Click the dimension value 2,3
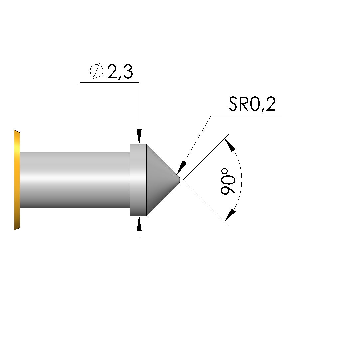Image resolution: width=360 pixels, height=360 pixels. [120, 72]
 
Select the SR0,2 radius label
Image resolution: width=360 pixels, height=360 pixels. [252, 104]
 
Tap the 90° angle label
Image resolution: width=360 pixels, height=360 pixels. [228, 181]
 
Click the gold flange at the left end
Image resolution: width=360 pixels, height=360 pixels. [17, 180]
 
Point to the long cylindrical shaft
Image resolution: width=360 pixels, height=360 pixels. [75, 180]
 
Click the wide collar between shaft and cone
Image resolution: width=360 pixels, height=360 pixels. [138, 180]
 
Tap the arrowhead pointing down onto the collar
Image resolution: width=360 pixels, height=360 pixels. [139, 136]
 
